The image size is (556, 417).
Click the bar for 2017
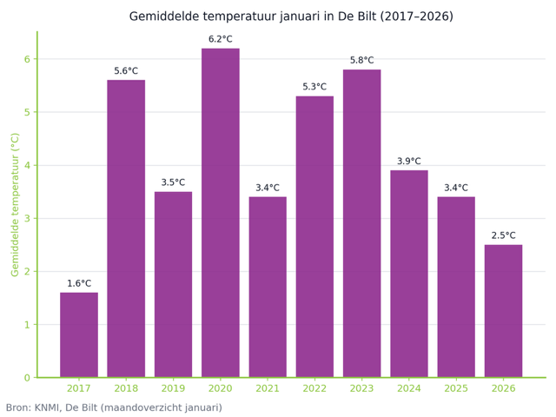79,334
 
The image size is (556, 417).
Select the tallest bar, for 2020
221,213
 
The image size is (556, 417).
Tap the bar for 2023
361,223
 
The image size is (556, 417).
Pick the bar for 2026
503,311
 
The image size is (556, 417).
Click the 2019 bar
173,284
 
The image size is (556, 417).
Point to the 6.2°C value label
221,39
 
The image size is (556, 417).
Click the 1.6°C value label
79,283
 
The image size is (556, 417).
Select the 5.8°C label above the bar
361,60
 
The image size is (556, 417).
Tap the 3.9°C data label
409,161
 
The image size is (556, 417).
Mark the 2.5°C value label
503,235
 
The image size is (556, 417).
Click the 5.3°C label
314,87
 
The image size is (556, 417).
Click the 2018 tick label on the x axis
126,388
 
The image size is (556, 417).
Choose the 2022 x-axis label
314,388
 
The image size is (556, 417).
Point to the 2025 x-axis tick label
456,388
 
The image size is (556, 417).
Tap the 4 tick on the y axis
27,165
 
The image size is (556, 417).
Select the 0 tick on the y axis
27,378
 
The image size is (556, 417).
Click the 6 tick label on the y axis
27,59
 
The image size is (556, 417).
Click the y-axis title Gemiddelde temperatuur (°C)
15,204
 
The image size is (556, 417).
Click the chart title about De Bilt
290,17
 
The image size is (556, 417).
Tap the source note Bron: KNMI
114,407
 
